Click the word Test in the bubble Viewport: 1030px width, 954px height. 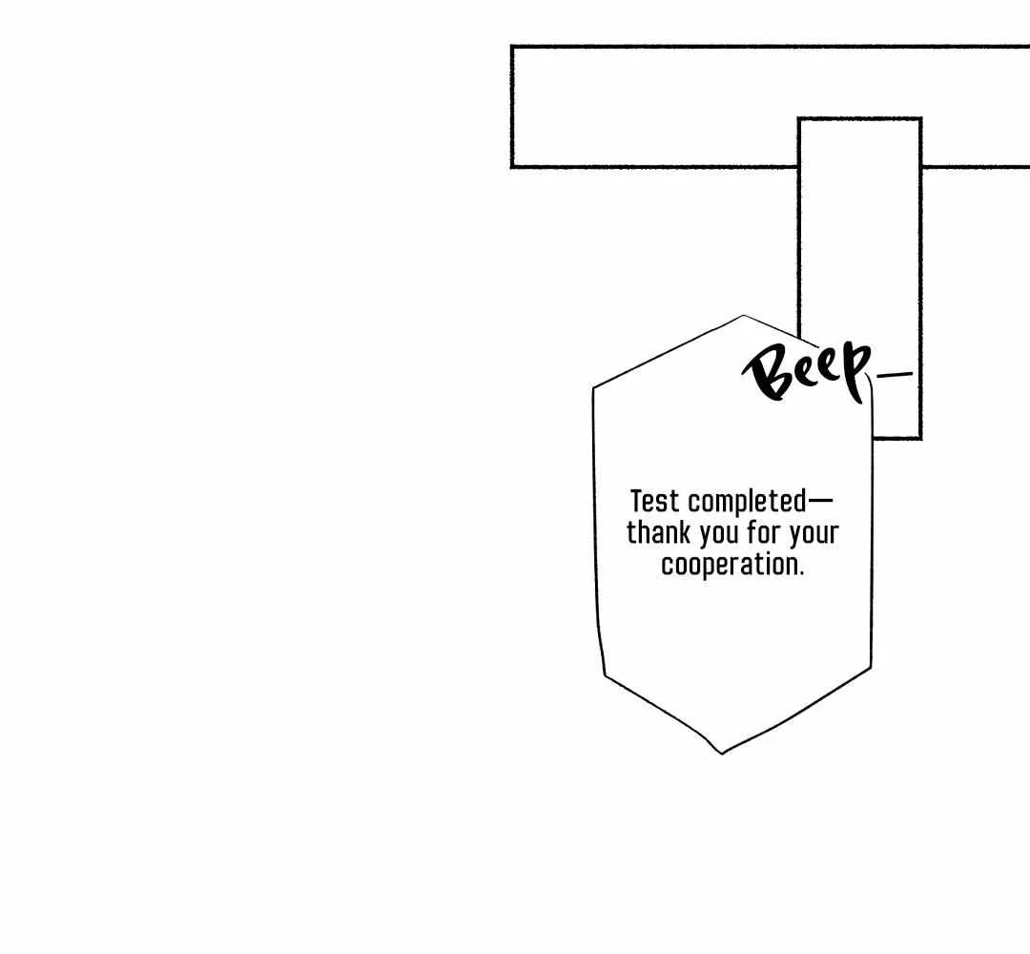point(654,501)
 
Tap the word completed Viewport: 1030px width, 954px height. point(747,503)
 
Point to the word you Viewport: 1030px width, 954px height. point(719,535)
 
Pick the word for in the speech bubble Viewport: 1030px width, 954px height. point(763,533)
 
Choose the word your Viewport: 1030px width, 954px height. point(814,535)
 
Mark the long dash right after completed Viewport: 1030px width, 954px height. point(820,502)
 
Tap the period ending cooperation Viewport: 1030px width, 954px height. point(801,575)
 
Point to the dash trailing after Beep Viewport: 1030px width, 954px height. point(895,375)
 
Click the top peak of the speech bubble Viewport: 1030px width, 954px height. point(744,316)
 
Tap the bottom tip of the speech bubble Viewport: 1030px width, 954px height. point(721,753)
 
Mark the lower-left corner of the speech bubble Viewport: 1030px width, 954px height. point(605,675)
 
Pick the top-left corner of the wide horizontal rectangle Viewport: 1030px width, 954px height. point(512,47)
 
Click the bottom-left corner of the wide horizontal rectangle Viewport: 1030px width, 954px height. point(512,167)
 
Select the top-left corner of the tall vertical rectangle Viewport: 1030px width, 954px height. point(799,119)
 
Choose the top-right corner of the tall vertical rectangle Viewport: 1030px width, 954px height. point(921,119)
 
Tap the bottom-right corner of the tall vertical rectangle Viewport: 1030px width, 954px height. point(921,438)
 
